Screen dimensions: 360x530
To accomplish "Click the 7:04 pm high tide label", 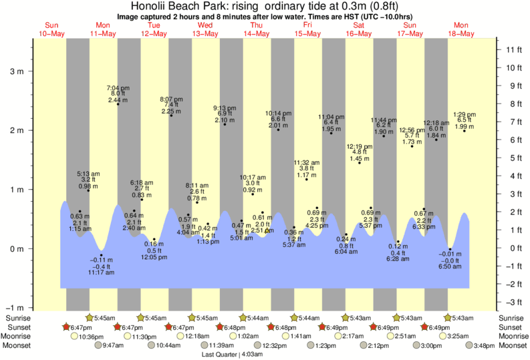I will click(118, 87).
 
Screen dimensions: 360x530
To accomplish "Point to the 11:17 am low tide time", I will click(102, 273).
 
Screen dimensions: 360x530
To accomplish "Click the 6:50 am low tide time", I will click(450, 266).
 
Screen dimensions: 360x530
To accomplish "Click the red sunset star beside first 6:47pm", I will click(66, 327).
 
